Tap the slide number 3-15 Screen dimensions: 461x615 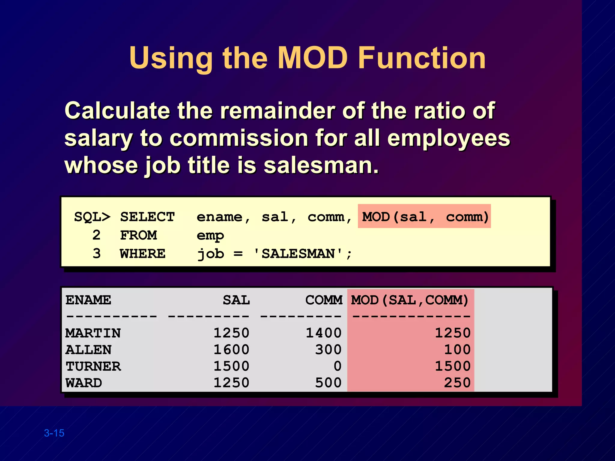tap(54, 433)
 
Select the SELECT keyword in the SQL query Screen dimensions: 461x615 tap(147, 217)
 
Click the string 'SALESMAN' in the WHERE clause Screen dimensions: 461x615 tap(298, 254)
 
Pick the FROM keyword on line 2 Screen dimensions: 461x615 tap(138, 236)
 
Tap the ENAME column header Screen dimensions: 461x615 tap(88, 300)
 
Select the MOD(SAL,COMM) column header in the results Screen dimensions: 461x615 tap(410, 300)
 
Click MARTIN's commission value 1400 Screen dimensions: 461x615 tap(323, 333)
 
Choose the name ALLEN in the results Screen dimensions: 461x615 tap(89, 350)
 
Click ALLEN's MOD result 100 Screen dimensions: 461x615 tap(457, 350)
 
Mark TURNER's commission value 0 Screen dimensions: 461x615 tap(338, 366)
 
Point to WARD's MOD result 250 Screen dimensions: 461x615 tap(457, 383)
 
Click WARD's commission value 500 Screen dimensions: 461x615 tap(328, 383)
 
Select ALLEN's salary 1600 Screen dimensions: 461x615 tap(231, 350)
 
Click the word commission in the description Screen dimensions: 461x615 tap(239, 138)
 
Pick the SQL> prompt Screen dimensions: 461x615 tap(92, 217)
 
